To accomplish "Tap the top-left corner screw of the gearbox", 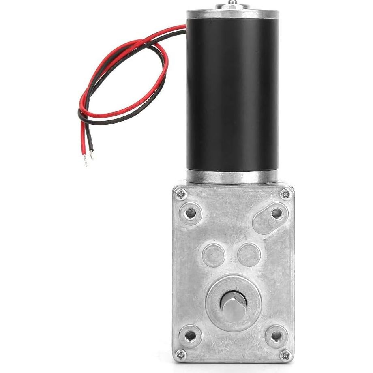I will click(181, 195).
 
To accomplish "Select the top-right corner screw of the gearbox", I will click(285, 195).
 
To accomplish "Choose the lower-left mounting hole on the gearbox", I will click(190, 335).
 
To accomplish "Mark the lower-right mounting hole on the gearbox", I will click(276, 336).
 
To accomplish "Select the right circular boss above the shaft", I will click(249, 255).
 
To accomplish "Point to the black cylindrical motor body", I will click(232, 93).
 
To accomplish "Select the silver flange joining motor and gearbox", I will click(232, 177).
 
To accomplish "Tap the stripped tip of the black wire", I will click(92, 154).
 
